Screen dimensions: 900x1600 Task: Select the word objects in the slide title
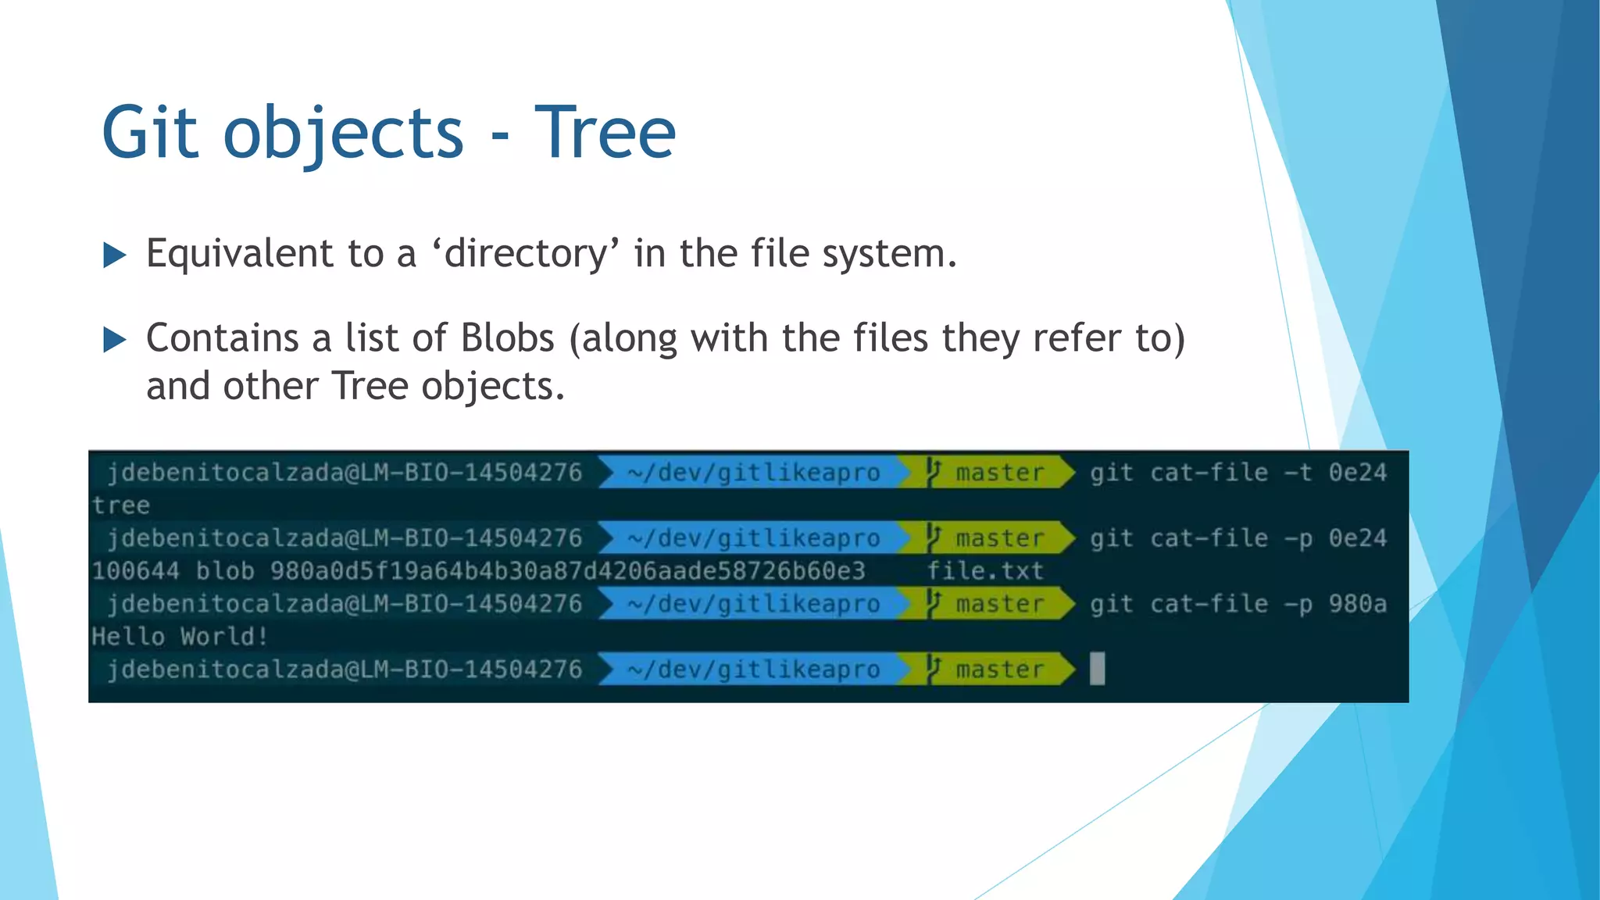(344, 134)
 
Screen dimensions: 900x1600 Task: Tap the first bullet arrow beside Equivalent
(115, 255)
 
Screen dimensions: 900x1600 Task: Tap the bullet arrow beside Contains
(115, 339)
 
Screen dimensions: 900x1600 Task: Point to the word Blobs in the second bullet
(507, 338)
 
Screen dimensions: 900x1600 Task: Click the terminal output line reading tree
(121, 505)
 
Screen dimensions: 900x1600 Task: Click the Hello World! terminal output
(180, 636)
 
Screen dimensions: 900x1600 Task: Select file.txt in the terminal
(985, 571)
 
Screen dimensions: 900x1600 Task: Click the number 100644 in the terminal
(135, 571)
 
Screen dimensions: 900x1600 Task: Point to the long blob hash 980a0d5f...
(567, 571)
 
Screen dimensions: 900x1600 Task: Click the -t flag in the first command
(1298, 473)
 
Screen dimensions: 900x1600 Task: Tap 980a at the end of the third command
(1358, 604)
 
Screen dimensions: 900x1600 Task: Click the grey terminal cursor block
(1097, 669)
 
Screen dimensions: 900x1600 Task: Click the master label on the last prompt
(1000, 670)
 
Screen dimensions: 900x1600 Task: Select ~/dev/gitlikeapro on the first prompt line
(753, 473)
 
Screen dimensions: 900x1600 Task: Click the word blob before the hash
(225, 571)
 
